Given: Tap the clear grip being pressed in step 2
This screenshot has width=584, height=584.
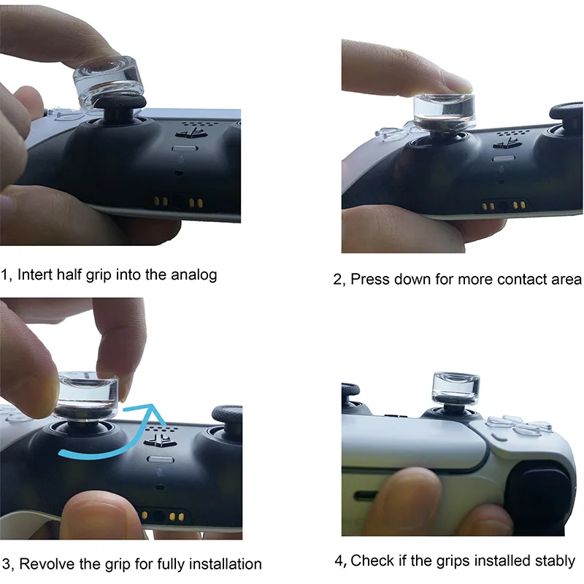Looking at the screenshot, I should tap(442, 109).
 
